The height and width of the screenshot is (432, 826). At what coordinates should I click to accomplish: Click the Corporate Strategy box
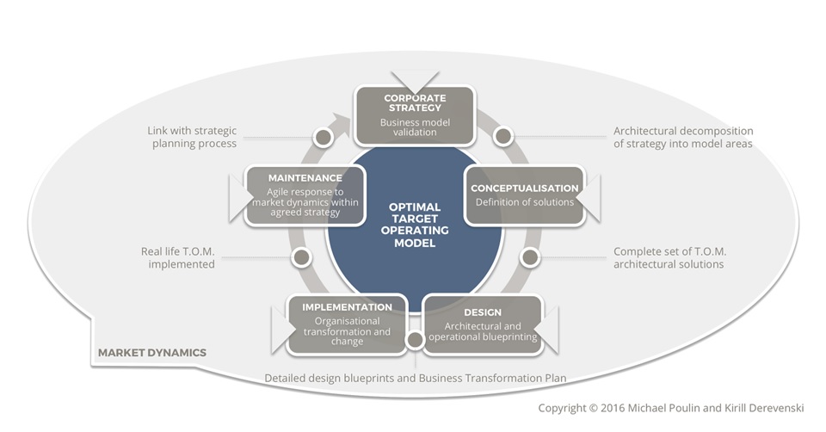point(415,115)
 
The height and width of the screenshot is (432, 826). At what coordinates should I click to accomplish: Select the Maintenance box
point(305,195)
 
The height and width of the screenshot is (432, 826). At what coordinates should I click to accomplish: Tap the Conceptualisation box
point(524,195)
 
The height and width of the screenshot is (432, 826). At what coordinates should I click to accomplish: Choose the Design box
point(483,324)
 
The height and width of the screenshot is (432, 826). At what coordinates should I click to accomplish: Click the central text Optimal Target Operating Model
point(415,225)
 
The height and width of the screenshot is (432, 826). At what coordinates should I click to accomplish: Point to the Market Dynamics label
point(152,353)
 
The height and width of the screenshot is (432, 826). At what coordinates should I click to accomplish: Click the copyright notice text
point(670,408)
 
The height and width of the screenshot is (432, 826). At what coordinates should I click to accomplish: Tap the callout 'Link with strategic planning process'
point(191,138)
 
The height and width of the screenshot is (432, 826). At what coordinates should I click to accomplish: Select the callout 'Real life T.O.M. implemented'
point(178,258)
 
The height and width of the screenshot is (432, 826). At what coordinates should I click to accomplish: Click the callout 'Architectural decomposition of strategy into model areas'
point(683,138)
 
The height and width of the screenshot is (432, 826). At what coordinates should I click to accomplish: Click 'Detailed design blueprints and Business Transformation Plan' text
point(415,378)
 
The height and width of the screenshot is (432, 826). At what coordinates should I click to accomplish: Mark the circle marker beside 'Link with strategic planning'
point(324,137)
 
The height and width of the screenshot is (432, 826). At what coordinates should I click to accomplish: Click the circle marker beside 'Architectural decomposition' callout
point(503,136)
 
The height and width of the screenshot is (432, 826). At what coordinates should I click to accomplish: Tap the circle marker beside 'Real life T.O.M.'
point(300,256)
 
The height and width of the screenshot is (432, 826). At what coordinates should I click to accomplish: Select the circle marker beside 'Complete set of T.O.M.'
point(530,256)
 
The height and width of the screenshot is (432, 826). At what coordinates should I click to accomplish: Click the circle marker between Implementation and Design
point(415,340)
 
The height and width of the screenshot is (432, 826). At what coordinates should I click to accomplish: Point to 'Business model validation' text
point(415,127)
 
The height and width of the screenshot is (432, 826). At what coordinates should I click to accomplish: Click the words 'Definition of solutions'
point(524,202)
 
